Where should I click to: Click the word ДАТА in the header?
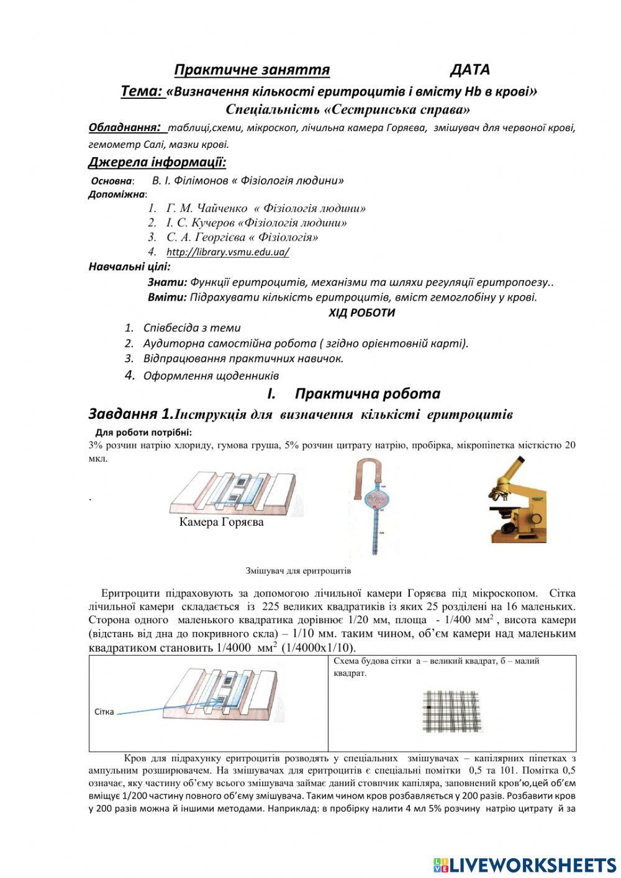tap(469, 70)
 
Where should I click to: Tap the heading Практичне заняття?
tap(252, 70)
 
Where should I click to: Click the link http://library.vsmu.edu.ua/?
tap(227, 252)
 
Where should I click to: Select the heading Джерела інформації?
tap(156, 163)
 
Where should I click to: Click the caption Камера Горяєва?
tap(221, 522)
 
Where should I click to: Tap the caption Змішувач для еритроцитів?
tap(298, 570)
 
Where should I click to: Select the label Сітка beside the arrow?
tap(104, 711)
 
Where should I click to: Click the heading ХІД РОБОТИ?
tap(361, 313)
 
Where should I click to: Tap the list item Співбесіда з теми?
tap(191, 328)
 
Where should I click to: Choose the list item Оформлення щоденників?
tap(211, 376)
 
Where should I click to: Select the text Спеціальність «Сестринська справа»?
tap(348, 110)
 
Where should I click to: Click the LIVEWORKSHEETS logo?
tap(524, 864)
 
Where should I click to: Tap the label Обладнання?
tap(127, 128)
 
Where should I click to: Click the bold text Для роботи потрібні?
tap(143, 432)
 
